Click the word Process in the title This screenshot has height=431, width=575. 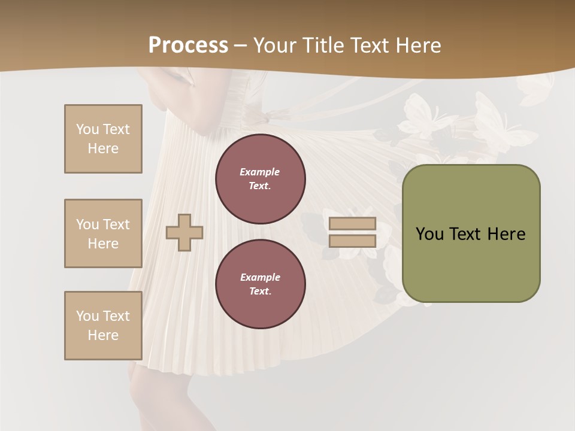tap(188, 45)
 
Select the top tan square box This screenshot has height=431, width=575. tap(103, 139)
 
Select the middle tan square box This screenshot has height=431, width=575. tap(103, 233)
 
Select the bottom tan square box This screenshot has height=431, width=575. tap(103, 326)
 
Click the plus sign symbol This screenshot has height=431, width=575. tap(184, 232)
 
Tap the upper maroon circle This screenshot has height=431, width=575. tap(260, 179)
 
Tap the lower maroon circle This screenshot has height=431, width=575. tap(260, 284)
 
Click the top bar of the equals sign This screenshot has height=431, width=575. tap(352, 224)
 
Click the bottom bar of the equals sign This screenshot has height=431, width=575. tap(352, 241)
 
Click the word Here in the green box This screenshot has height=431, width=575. tap(506, 234)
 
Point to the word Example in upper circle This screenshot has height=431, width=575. tap(259, 172)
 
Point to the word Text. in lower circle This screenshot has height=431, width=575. tap(260, 292)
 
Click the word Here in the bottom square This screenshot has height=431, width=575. tap(103, 335)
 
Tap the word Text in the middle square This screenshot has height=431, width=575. tap(116, 224)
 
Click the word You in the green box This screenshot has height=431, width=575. tap(429, 234)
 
